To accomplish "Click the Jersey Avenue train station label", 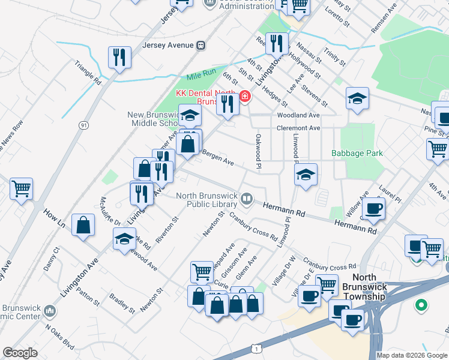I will click(x=168, y=45).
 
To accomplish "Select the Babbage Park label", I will click(x=357, y=153).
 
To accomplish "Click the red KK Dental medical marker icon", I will click(x=244, y=96).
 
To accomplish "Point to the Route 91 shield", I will click(x=83, y=124).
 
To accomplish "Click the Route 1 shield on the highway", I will click(x=258, y=348).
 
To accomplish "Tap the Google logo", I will click(x=20, y=352).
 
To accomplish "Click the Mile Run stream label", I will click(x=200, y=76).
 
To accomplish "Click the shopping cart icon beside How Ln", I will click(x=21, y=188).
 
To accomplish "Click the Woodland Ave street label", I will click(x=298, y=115).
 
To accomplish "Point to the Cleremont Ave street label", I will click(x=298, y=128).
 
